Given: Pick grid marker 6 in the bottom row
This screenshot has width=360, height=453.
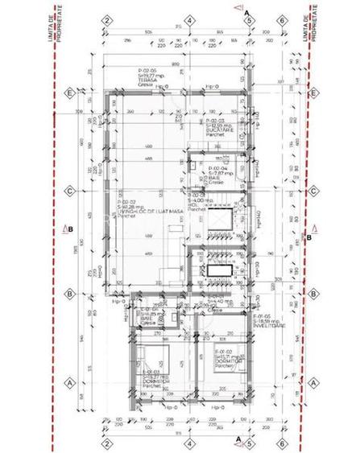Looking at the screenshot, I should click(281, 442).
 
